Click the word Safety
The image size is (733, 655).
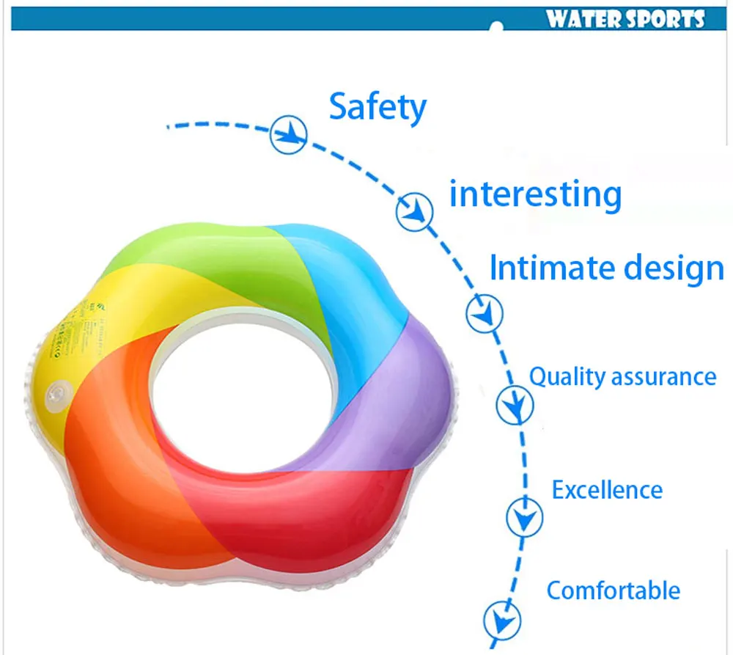click(x=377, y=107)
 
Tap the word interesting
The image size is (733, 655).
click(x=535, y=195)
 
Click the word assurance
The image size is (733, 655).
click(x=663, y=378)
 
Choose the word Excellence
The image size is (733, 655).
click(x=607, y=489)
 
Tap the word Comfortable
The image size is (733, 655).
click(x=613, y=590)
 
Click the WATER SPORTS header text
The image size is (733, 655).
click(x=625, y=18)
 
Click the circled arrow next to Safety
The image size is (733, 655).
click(x=288, y=134)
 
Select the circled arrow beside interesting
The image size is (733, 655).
click(x=414, y=211)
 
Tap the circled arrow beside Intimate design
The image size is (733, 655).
click(x=485, y=314)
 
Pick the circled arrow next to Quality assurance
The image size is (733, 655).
click(x=515, y=404)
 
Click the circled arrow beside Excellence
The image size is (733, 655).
click(x=525, y=517)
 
